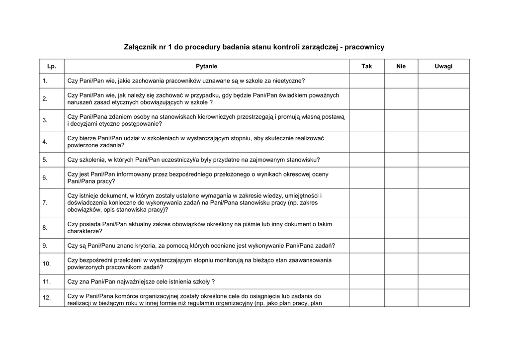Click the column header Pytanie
pyautogui.click(x=206, y=66)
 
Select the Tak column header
pyautogui.click(x=366, y=66)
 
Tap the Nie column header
pyautogui.click(x=401, y=66)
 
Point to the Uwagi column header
pyautogui.click(x=443, y=66)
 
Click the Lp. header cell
pyautogui.click(x=52, y=66)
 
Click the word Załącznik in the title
pyautogui.click(x=142, y=47)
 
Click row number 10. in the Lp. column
pyautogui.click(x=47, y=264)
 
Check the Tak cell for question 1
pyautogui.click(x=366, y=81)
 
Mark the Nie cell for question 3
pyautogui.click(x=401, y=120)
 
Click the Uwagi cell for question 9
pyautogui.click(x=443, y=246)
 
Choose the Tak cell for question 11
pyautogui.click(x=366, y=281)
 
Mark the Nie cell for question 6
pyautogui.click(x=401, y=178)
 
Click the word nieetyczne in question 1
pyautogui.click(x=287, y=81)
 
